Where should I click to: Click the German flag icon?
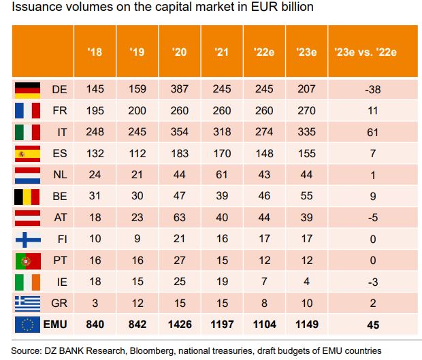tap(29, 88)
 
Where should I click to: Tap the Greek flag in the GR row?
tap(29, 303)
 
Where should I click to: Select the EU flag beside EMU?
tap(29, 325)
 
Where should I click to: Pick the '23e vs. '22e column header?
tap(372, 51)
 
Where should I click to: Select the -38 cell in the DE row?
tap(372, 88)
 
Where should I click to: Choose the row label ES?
tap(60, 153)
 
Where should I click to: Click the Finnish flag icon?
tap(29, 239)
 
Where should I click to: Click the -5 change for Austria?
tap(372, 218)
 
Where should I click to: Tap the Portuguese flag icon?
tap(29, 260)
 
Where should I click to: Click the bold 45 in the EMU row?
tap(372, 325)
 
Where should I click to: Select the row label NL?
tap(60, 175)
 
